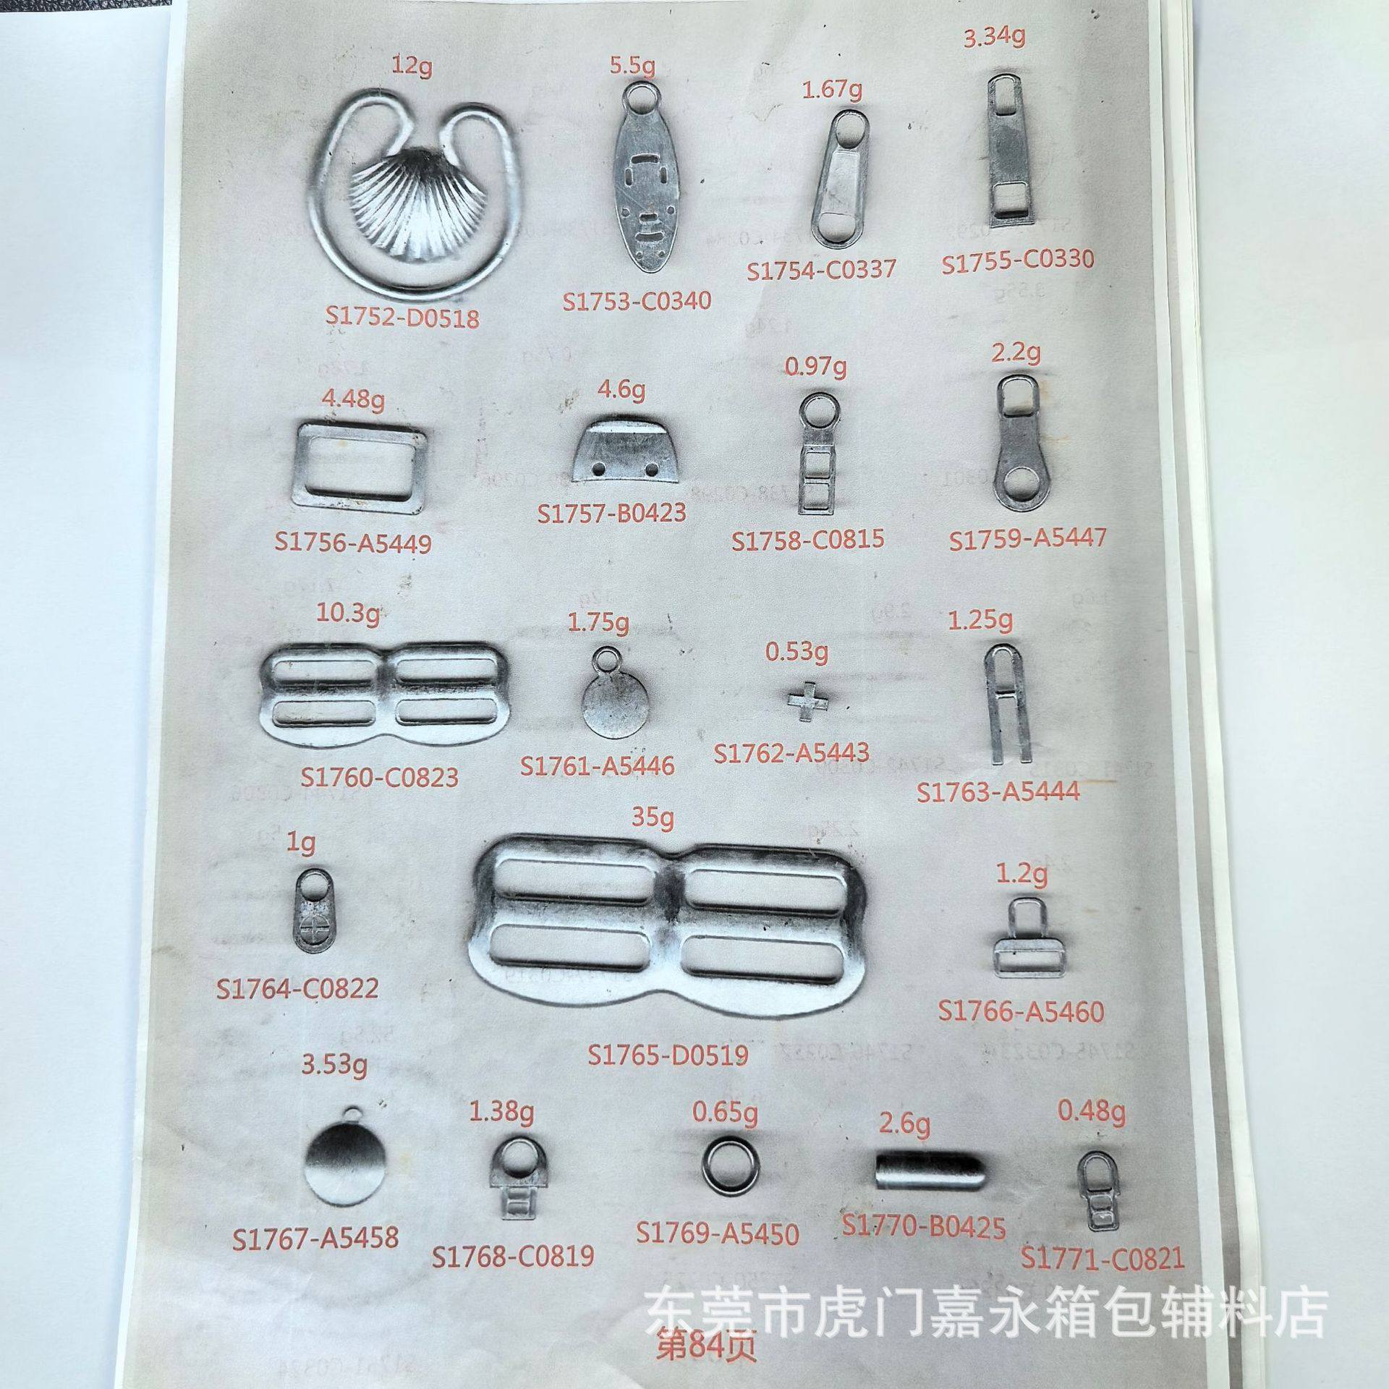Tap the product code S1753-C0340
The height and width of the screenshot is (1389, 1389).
coord(637,300)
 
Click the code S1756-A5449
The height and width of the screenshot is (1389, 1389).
coord(353,542)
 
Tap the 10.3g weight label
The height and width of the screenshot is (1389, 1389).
coord(349,616)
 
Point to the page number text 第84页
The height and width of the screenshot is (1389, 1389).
coord(705,1346)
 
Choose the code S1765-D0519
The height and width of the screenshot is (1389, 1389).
coord(668,1055)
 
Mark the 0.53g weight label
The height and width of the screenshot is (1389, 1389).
coord(797,653)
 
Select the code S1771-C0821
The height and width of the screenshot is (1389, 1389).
coord(1103,1259)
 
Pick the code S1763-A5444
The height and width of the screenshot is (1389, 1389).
coord(998,791)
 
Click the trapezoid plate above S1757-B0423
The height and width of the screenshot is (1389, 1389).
coord(627,451)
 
